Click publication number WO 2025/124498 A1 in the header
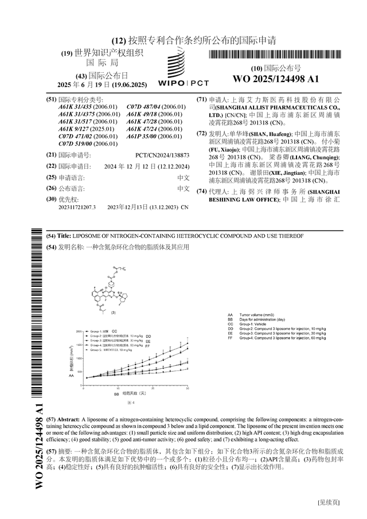point(276,79)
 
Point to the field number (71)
point(201,99)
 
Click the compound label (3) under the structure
point(113,313)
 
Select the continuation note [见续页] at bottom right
point(329,502)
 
